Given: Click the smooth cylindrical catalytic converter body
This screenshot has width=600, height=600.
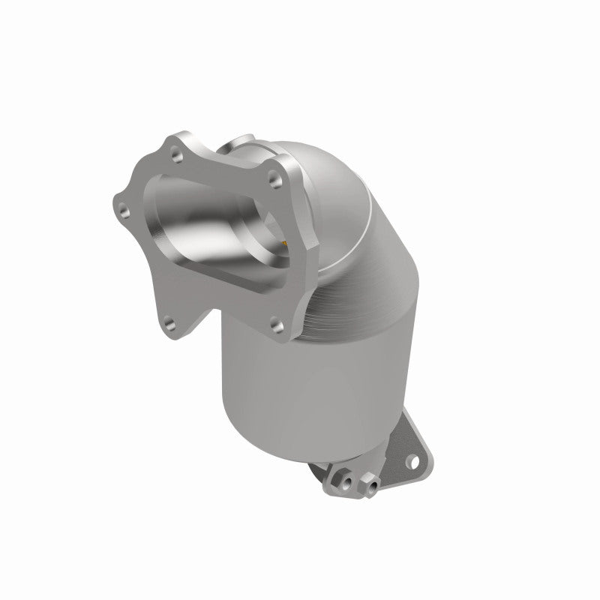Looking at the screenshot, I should point(300,390).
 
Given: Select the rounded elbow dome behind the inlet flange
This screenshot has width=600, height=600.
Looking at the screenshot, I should point(337,187).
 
